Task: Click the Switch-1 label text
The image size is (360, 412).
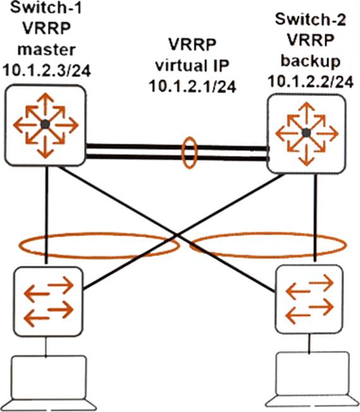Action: [46, 8]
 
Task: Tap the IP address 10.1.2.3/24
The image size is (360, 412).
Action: [47, 71]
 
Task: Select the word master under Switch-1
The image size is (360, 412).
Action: [47, 49]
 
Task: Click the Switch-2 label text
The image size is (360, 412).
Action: [310, 19]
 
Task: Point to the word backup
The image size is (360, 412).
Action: [311, 61]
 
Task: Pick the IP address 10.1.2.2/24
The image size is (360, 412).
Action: [311, 82]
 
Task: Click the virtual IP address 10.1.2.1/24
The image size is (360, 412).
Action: [193, 86]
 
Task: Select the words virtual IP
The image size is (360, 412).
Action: [192, 65]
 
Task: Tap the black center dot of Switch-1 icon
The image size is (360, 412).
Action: [45, 124]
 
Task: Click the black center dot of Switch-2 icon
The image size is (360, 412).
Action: [306, 133]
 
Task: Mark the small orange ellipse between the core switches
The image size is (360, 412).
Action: [189, 153]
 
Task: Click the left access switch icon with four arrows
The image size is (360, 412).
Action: [49, 302]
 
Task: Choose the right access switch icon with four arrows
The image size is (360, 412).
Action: [309, 299]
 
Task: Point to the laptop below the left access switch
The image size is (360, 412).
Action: [49, 383]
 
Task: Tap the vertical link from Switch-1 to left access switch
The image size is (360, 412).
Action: [47, 215]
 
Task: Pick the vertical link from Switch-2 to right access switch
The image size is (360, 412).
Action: [316, 218]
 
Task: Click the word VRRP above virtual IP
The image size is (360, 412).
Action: [192, 44]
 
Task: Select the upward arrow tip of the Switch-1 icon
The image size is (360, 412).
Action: [45, 93]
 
